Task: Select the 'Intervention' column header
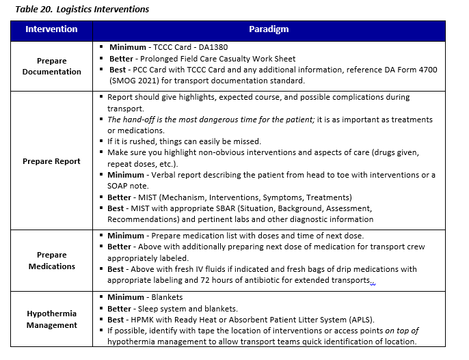point(51,29)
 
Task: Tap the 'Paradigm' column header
point(269,29)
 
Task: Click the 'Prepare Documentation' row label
point(51,66)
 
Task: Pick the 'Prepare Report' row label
point(51,161)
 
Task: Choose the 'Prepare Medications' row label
point(51,261)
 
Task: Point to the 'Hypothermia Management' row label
point(51,319)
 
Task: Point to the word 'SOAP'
point(120,186)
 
